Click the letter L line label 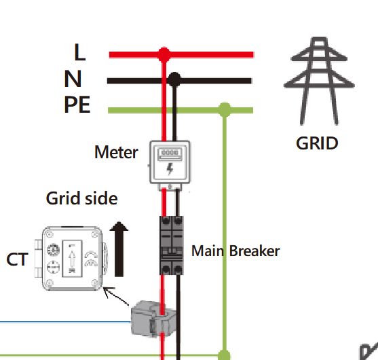click(80, 52)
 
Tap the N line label click(73, 79)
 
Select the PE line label click(77, 105)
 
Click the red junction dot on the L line click(164, 54)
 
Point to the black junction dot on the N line click(174, 79)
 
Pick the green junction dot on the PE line click(225, 109)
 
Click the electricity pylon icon click(319, 81)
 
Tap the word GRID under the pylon click(317, 143)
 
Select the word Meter click(116, 152)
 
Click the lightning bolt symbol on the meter click(170, 168)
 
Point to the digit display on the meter click(170, 153)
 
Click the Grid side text click(81, 198)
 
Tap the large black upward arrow click(119, 249)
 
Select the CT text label click(18, 259)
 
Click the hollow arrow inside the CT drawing click(72, 258)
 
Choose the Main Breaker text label click(235, 251)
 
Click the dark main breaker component click(172, 246)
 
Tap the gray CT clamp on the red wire click(153, 319)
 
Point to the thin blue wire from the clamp click(65, 322)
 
